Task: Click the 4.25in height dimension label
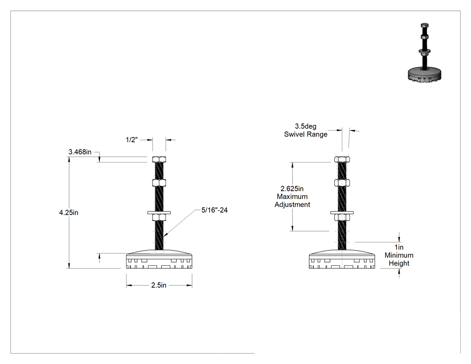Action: pyautogui.click(x=69, y=212)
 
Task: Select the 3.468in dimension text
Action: pyautogui.click(x=80, y=152)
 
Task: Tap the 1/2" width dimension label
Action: pyautogui.click(x=131, y=140)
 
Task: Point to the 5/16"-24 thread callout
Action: pyautogui.click(x=214, y=210)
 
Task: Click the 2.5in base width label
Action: pyautogui.click(x=159, y=285)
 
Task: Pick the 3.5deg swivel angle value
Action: pyautogui.click(x=305, y=127)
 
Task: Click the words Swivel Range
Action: pyautogui.click(x=305, y=134)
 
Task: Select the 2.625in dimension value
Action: pyautogui.click(x=292, y=189)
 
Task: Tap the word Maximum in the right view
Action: pyautogui.click(x=292, y=197)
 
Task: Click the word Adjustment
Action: pyautogui.click(x=292, y=205)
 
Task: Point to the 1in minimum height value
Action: pyautogui.click(x=399, y=247)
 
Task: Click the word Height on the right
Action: pyautogui.click(x=399, y=263)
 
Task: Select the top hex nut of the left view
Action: pyautogui.click(x=159, y=159)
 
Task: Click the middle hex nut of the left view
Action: pyautogui.click(x=159, y=183)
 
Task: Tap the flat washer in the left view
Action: pyautogui.click(x=159, y=213)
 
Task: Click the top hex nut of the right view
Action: pyautogui.click(x=342, y=159)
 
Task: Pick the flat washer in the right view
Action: pyautogui.click(x=342, y=213)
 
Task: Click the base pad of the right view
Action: pyautogui.click(x=342, y=259)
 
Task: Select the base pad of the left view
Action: pyautogui.click(x=159, y=259)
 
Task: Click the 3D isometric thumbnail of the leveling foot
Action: pyautogui.click(x=424, y=53)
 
